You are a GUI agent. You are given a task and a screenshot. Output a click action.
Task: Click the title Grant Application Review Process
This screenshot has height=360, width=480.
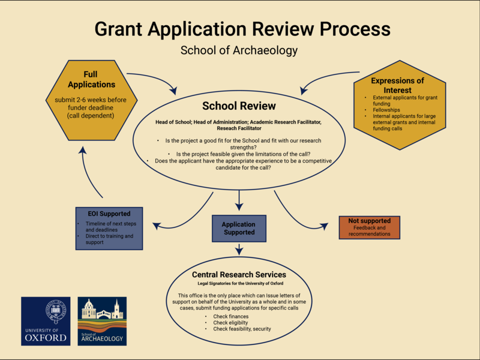point(242,29)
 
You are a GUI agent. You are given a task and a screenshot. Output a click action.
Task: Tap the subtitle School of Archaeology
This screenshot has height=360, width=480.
point(239,50)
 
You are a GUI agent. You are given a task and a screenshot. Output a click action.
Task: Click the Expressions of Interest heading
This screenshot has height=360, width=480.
point(397,85)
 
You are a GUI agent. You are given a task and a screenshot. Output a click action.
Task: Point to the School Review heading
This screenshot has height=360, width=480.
point(239,106)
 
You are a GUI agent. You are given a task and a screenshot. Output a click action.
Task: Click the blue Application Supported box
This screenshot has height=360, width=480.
point(238,229)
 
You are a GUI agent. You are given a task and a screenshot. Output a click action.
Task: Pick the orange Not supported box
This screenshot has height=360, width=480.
point(369,226)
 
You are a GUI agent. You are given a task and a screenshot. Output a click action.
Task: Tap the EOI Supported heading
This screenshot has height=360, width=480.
point(109,213)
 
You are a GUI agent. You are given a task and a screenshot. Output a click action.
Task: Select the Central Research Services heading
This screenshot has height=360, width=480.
point(239,274)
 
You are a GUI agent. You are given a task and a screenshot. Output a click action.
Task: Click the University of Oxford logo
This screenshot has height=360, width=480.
point(46,321)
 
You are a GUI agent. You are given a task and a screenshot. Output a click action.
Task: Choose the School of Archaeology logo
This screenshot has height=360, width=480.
point(102,321)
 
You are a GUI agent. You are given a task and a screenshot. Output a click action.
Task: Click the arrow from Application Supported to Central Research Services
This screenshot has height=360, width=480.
point(239,249)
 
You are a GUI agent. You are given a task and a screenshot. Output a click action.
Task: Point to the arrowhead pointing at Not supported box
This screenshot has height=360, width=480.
point(324,226)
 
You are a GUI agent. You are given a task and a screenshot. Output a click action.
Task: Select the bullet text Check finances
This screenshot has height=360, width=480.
point(226,316)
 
